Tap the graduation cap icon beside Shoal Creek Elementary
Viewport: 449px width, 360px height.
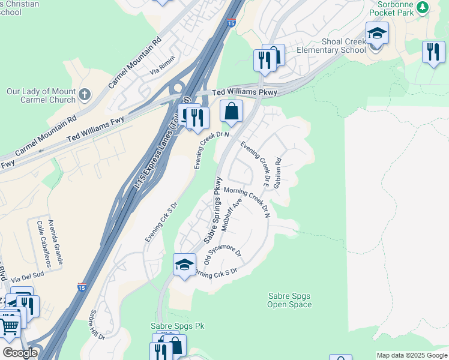377,34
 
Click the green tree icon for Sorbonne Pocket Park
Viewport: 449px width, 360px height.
423,7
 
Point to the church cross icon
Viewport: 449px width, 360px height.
85,94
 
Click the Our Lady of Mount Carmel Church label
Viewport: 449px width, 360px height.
41,96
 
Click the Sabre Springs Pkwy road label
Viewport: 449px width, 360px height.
212,209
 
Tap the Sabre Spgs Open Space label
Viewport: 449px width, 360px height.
289,300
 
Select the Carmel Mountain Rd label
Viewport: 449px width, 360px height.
136,62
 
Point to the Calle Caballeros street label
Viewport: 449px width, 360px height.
47,244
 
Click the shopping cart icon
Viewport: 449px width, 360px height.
9,327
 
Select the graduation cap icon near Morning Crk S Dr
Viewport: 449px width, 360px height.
184,265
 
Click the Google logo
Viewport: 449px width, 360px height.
20,353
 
